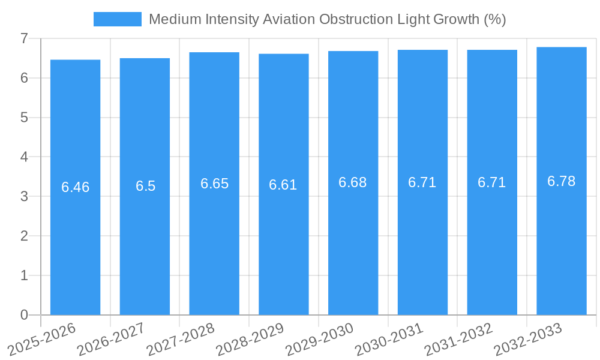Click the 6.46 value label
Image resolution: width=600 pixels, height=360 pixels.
75,187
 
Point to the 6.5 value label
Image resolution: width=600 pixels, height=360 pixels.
145,186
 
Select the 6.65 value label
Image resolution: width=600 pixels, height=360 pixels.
214,184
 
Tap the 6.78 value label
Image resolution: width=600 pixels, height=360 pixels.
562,181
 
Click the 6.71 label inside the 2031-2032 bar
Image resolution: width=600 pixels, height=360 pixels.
492,182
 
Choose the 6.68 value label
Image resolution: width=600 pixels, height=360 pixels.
353,182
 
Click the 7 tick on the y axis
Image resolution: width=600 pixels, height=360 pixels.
24,38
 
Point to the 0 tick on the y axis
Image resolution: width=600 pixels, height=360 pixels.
24,315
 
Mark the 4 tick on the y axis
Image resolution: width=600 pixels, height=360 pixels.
24,157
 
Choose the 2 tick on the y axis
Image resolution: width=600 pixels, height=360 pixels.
24,236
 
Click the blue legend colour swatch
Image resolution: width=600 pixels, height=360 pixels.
118,19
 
